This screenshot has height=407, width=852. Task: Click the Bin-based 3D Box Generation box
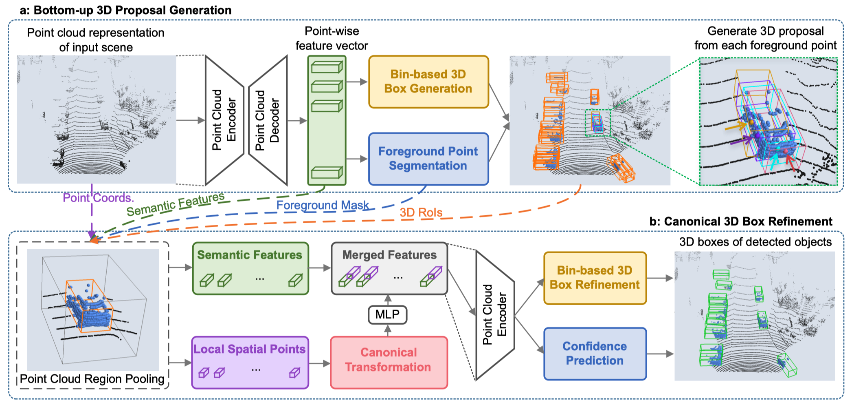pyautogui.click(x=428, y=82)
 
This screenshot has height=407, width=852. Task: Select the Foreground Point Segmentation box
pyautogui.click(x=428, y=159)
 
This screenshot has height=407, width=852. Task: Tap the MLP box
pyautogui.click(x=387, y=315)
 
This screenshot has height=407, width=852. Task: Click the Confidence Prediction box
pyautogui.click(x=595, y=354)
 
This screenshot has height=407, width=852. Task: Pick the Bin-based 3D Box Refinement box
pyautogui.click(x=595, y=278)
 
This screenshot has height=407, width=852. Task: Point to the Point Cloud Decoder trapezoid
pyautogui.click(x=268, y=121)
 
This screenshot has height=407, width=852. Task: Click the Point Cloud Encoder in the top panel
pyautogui.click(x=224, y=121)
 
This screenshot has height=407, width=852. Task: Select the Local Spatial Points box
pyautogui.click(x=250, y=362)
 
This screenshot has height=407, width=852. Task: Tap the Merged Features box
pyautogui.click(x=389, y=268)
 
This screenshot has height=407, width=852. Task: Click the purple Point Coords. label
pyautogui.click(x=98, y=198)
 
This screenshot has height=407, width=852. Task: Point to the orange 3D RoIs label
pyautogui.click(x=421, y=212)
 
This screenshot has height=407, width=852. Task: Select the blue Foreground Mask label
pyautogui.click(x=322, y=205)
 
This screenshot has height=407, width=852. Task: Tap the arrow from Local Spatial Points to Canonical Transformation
pyautogui.click(x=320, y=363)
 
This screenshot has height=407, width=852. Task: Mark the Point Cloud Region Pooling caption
pyautogui.click(x=92, y=379)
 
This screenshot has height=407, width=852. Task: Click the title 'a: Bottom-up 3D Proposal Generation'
pyautogui.click(x=125, y=10)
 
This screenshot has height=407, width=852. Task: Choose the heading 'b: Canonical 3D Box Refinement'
pyautogui.click(x=740, y=221)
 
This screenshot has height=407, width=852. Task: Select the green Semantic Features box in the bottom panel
pyautogui.click(x=250, y=268)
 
